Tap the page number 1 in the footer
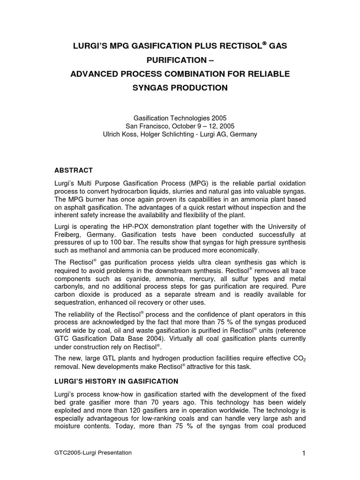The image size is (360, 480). point(304,453)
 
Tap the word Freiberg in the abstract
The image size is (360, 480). point(69,234)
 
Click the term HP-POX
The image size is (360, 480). point(131,226)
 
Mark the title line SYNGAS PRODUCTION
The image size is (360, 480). point(180,88)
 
